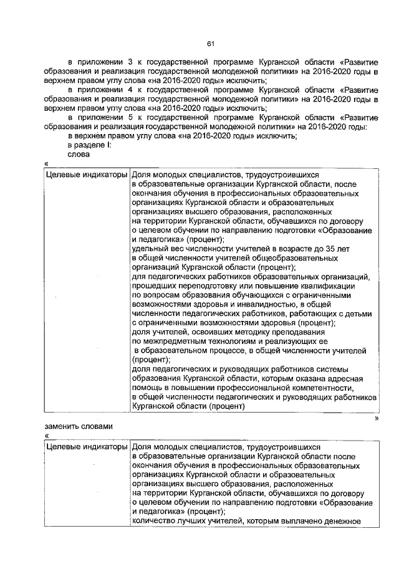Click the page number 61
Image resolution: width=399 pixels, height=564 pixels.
coord(211,43)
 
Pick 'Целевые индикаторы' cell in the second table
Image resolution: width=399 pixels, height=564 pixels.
coord(87,447)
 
